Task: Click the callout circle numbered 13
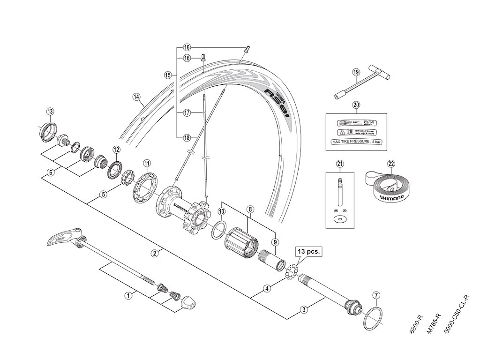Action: (50, 111)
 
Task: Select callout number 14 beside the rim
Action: (136, 97)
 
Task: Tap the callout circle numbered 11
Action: (147, 164)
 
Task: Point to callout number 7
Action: (376, 295)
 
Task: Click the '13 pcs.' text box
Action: (308, 251)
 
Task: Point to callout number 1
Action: (127, 296)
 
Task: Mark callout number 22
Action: (391, 164)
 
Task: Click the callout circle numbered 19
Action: (356, 72)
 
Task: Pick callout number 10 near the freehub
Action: (221, 212)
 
